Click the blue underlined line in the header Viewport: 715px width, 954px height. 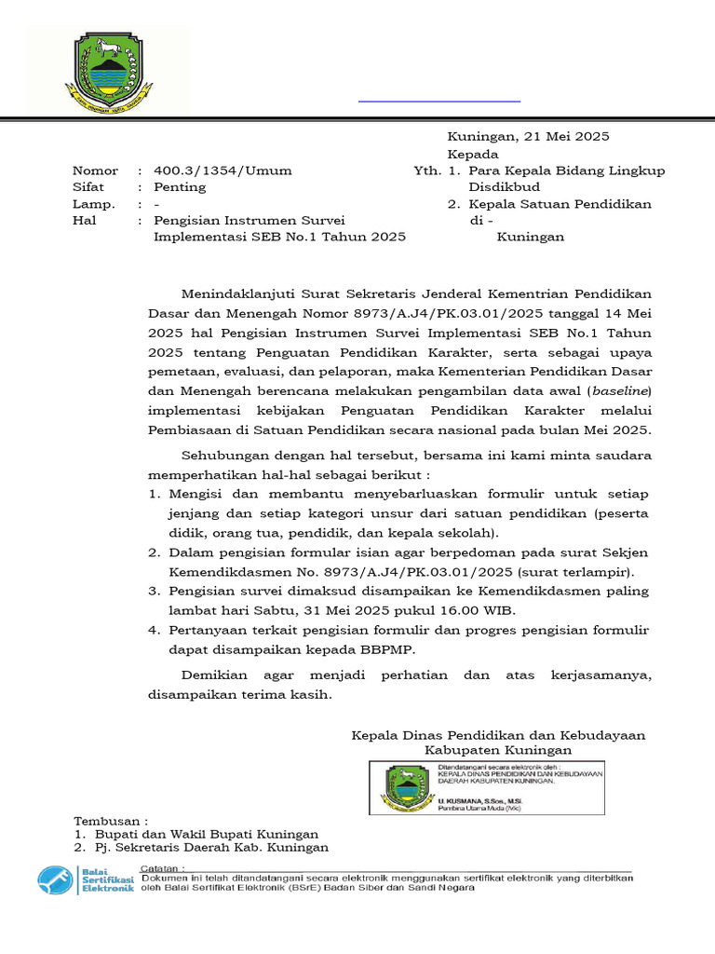pyautogui.click(x=439, y=100)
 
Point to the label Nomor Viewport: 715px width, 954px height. pyautogui.click(x=96, y=170)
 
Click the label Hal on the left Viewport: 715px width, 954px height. pyautogui.click(x=84, y=221)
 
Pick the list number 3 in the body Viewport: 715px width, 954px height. pyautogui.click(x=155, y=592)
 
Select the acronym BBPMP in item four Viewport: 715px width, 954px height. pyautogui.click(x=391, y=649)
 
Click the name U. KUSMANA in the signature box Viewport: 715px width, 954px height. pyautogui.click(x=462, y=801)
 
